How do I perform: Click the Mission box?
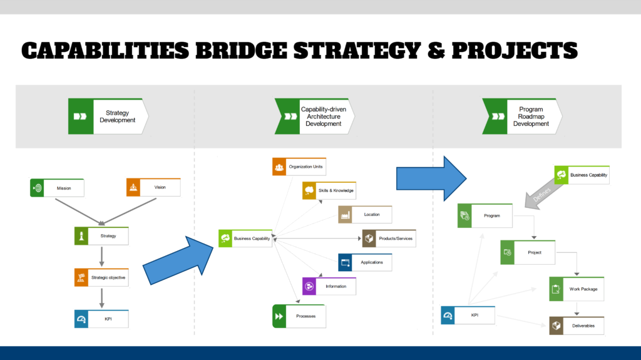click(57, 188)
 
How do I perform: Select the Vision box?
click(153, 187)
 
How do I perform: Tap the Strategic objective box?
click(101, 277)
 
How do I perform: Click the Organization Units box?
click(299, 167)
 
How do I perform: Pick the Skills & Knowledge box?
click(329, 190)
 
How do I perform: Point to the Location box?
click(365, 214)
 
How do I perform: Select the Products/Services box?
click(389, 239)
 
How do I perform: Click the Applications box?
click(365, 262)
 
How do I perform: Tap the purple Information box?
click(329, 286)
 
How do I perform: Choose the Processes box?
click(299, 316)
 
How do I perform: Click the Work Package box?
click(577, 289)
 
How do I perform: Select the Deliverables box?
click(577, 326)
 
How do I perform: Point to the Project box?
click(528, 252)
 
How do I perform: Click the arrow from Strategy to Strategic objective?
click(102, 257)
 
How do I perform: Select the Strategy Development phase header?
click(108, 116)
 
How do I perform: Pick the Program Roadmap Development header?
click(522, 116)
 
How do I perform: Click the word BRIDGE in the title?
click(241, 50)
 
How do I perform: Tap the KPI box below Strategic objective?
click(101, 319)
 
